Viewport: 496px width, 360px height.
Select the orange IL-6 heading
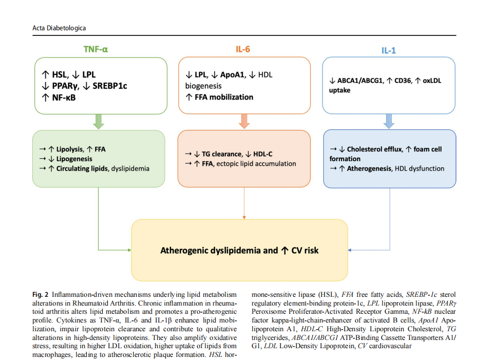(243, 49)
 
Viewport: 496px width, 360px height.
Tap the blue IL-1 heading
(389, 50)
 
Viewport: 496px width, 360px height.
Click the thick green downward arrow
(99, 121)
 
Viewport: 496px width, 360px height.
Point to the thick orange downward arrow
(244, 121)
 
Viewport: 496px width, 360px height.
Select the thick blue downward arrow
(389, 121)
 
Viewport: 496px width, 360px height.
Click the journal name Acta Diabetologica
(59, 27)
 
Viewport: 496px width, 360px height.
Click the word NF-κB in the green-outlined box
(63, 97)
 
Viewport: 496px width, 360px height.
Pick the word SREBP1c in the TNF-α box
(110, 86)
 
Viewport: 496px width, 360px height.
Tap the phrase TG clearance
(222, 154)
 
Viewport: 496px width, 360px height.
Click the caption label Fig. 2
(41, 295)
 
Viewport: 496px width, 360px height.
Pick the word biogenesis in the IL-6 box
(203, 86)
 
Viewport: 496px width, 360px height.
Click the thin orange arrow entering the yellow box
(244, 216)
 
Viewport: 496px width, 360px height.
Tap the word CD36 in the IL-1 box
(403, 81)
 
